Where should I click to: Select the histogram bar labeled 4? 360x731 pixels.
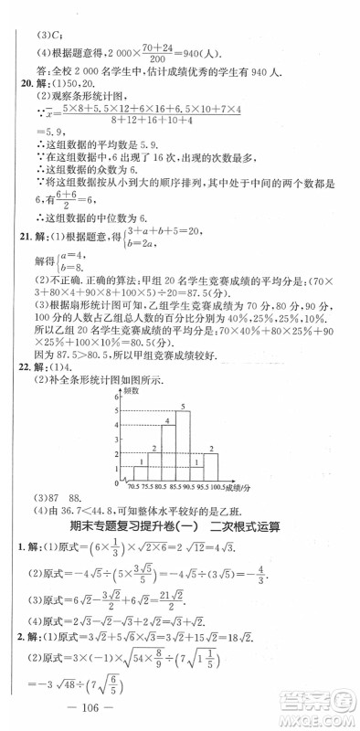point(167,452)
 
